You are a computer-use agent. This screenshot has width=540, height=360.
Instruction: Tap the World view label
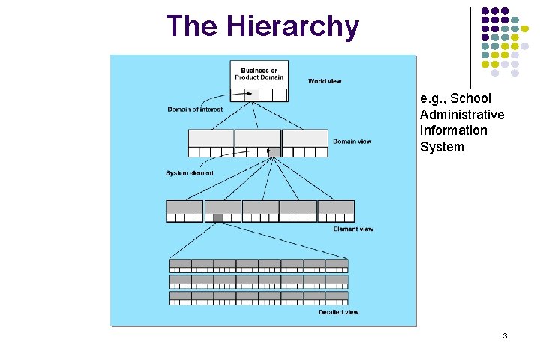[326, 81]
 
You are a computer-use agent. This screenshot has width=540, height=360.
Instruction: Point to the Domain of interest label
[195, 109]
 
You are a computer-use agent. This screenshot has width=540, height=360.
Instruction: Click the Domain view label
[352, 142]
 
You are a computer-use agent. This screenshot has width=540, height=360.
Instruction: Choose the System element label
[190, 173]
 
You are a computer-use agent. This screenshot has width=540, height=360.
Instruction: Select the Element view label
[353, 229]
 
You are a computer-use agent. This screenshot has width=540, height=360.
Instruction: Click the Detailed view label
[338, 312]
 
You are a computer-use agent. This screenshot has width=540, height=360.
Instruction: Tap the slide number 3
[505, 335]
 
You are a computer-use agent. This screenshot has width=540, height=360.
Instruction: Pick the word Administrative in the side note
[461, 115]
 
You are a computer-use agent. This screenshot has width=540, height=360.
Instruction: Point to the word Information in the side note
[453, 131]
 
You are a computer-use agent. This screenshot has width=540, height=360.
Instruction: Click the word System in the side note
[442, 147]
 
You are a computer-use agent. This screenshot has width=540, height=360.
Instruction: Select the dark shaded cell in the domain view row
[274, 152]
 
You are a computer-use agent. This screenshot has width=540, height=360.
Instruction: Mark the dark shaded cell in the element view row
[218, 218]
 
